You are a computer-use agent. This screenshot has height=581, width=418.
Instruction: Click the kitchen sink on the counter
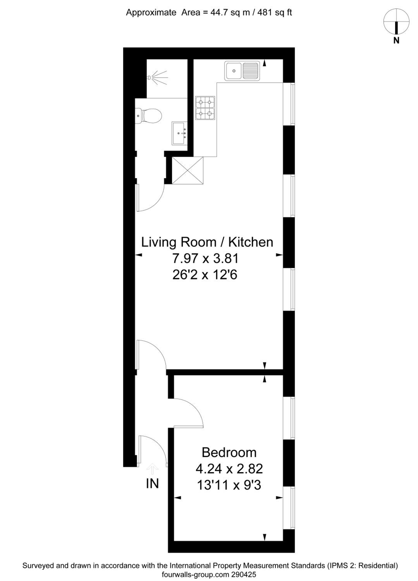(242, 71)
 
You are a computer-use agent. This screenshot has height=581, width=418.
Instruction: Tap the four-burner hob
(205, 108)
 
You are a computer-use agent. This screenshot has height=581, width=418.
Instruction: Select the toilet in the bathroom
(148, 116)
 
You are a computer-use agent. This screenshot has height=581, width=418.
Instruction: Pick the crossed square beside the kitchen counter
(187, 170)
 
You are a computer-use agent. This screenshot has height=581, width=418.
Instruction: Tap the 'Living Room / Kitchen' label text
(207, 242)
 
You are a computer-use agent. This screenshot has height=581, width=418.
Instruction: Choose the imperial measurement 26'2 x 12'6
(205, 275)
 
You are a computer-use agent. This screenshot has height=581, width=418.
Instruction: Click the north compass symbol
(396, 21)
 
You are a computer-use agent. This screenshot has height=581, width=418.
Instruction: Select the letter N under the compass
(396, 40)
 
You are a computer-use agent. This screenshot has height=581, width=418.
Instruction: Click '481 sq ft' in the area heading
(274, 13)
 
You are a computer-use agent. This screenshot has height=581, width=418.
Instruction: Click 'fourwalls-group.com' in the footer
(195, 574)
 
